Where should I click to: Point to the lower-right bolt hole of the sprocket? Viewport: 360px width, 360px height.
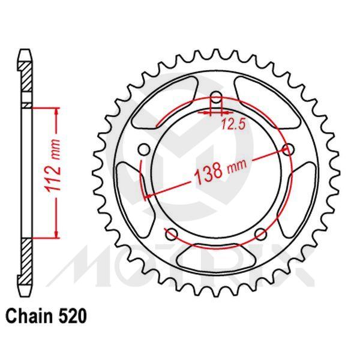click(260, 234)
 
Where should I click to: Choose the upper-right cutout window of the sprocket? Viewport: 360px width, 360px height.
click(264, 105)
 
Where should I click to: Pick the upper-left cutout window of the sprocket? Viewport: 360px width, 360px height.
click(168, 105)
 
